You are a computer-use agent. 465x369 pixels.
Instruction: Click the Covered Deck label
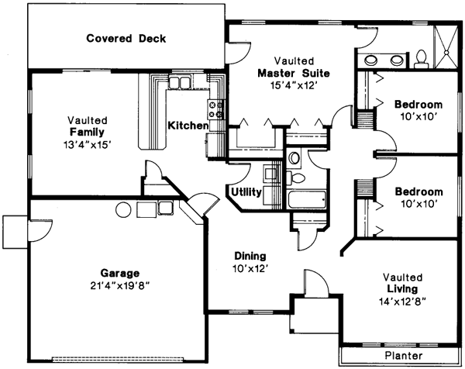[x=126, y=38]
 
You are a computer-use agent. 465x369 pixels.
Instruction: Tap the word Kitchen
[x=188, y=125]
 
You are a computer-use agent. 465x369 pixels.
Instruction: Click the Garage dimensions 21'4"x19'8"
[x=119, y=285]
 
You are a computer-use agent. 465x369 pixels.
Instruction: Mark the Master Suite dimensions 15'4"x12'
[x=294, y=87]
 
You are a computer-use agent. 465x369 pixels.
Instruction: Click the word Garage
[x=119, y=273]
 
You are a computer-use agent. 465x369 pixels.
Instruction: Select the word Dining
[x=250, y=256]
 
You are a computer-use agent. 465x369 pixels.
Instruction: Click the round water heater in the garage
[x=122, y=209]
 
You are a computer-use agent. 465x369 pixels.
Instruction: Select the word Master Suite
[x=294, y=74]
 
